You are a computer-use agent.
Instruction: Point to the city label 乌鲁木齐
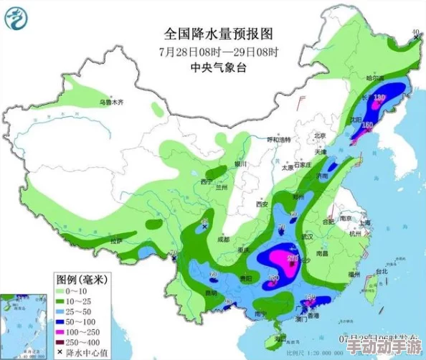(x=111, y=103)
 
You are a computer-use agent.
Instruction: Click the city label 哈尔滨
(x=375, y=77)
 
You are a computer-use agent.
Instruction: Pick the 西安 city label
(x=262, y=204)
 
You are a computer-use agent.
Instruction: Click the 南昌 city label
(x=322, y=253)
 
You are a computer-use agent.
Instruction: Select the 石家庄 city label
(x=307, y=164)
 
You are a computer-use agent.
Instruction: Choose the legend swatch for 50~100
(x=62, y=323)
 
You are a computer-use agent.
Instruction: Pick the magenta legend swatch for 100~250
(x=62, y=333)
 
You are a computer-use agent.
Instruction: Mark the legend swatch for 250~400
(x=62, y=343)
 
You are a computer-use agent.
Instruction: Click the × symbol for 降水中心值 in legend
(x=61, y=353)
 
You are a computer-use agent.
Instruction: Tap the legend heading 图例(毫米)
(x=82, y=278)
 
